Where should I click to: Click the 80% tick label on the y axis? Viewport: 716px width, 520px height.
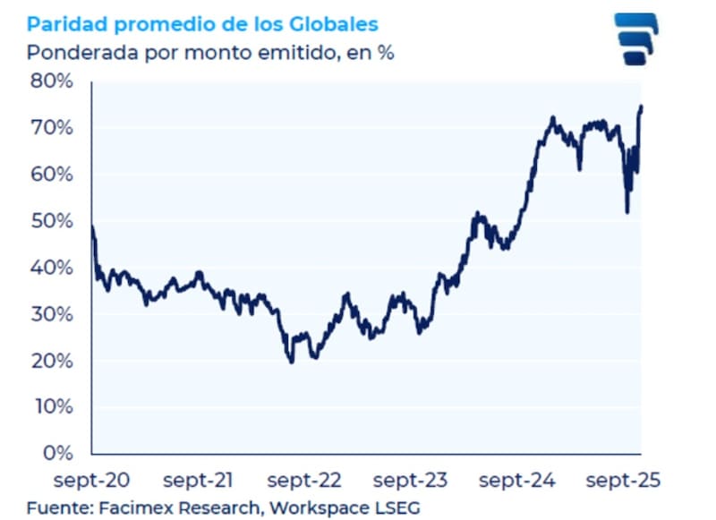pos(52,81)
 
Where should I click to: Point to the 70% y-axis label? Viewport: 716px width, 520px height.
pos(52,128)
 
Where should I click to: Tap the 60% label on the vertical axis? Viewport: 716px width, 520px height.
pos(52,175)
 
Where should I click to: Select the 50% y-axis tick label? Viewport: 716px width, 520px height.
pos(52,221)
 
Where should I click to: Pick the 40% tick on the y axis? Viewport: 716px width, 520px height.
pos(52,268)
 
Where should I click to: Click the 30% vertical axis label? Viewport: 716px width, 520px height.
pos(52,314)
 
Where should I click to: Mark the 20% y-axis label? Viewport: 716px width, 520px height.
pos(52,361)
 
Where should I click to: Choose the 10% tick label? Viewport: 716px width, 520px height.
pos(52,407)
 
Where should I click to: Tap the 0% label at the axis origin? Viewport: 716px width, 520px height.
pos(57,453)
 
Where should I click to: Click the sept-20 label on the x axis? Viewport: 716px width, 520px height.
pos(91,481)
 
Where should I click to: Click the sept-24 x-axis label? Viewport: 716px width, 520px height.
pos(516,481)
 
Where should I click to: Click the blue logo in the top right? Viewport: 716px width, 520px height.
pos(635,38)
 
